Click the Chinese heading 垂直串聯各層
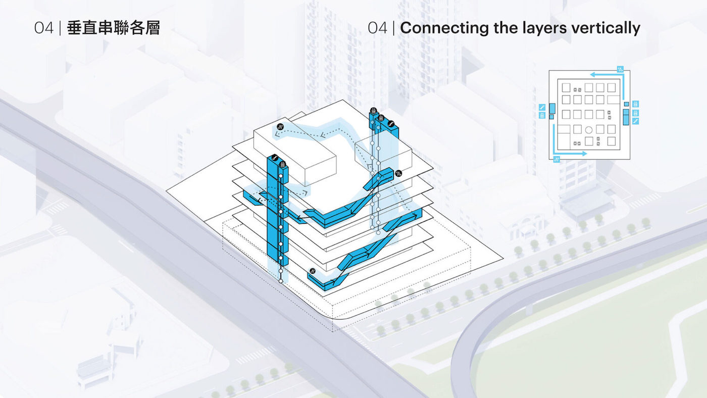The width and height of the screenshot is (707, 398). tap(113, 28)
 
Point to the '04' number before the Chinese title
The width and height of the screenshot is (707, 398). tap(44, 28)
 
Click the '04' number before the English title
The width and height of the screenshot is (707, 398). tap(378, 28)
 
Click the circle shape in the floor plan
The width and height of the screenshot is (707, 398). tap(589, 130)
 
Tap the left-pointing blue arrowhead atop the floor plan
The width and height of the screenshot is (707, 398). tap(593, 75)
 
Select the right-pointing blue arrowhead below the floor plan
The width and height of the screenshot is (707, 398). tap(584, 154)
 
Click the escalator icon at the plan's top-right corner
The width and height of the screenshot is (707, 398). tap(621, 69)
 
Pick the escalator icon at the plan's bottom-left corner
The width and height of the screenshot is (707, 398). tap(557, 160)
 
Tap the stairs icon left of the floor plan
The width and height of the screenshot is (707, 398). tap(542, 107)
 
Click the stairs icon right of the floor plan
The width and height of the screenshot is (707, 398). tap(636, 121)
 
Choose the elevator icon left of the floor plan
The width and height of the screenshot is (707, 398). tap(542, 115)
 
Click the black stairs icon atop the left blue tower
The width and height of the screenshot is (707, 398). tap(275, 157)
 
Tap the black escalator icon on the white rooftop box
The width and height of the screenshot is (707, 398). tap(280, 127)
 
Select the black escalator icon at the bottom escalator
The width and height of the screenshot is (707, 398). tap(313, 271)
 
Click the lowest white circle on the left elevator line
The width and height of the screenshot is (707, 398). tap(281, 281)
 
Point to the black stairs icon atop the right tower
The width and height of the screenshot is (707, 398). tap(391, 124)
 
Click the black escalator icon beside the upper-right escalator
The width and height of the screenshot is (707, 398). tap(398, 173)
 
